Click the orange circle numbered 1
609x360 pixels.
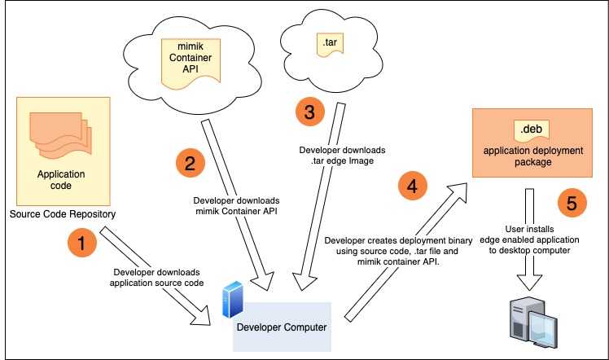click(x=82, y=243)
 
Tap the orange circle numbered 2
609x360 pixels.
click(x=190, y=163)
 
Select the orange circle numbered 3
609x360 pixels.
click(x=309, y=112)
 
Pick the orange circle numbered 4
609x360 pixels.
click(x=413, y=186)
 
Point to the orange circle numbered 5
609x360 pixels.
click(x=572, y=202)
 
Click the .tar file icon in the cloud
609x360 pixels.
click(x=330, y=44)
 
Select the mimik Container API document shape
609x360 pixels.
click(x=191, y=64)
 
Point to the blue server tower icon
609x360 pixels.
click(x=233, y=300)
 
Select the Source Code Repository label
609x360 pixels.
click(x=63, y=214)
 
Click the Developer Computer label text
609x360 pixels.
click(x=282, y=327)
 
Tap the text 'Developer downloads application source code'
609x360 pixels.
click(x=156, y=278)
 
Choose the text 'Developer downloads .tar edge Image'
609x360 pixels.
click(x=342, y=156)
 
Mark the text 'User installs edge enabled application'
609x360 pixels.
click(x=529, y=235)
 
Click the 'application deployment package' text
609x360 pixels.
click(x=532, y=156)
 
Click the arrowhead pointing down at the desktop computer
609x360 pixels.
click(x=529, y=282)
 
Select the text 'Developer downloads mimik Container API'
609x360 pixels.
click(x=236, y=206)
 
